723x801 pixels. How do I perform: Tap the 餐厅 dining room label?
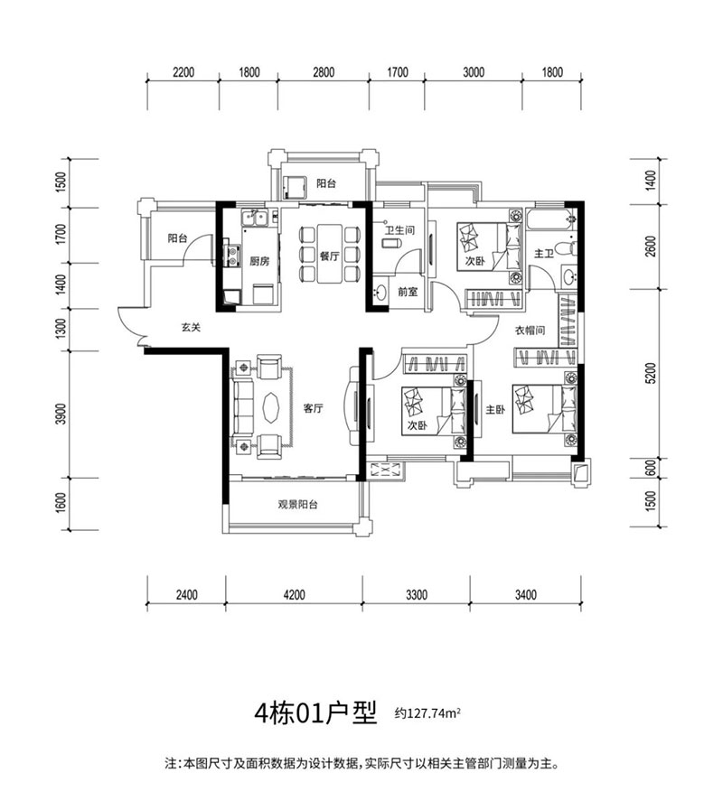[x=327, y=256]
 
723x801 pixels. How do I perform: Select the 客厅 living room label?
[x=314, y=408]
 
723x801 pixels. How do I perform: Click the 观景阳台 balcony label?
[x=297, y=506]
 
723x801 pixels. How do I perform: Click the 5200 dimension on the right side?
[x=640, y=373]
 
